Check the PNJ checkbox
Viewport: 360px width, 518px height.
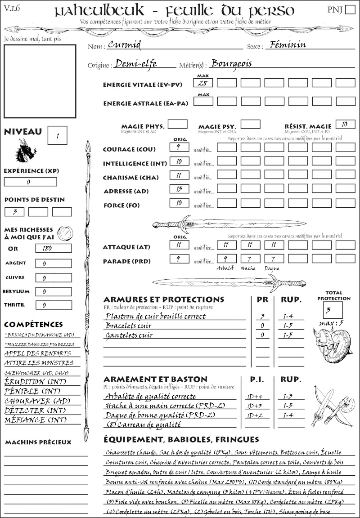[350, 10]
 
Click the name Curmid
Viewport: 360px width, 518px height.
[125, 45]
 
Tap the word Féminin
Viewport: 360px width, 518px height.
[286, 45]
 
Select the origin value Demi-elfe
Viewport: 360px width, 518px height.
[136, 64]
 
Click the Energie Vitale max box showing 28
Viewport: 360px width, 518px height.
[203, 83]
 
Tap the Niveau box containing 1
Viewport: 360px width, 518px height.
[58, 134]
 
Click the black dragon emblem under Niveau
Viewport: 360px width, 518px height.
[26, 151]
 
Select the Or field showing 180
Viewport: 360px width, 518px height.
[53, 248]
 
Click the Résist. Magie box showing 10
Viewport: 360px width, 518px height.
[345, 125]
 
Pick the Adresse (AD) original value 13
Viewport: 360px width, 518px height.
[179, 190]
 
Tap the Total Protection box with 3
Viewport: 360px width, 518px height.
[333, 310]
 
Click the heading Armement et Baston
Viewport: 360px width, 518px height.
[155, 379]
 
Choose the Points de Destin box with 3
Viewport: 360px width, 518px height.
[14, 212]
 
